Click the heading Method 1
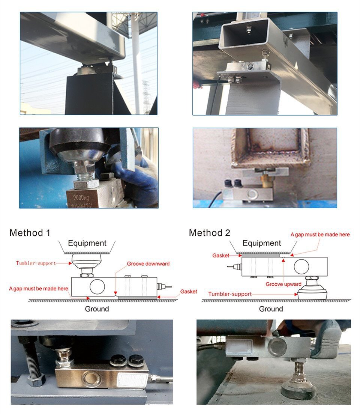coord(30,233)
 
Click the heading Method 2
coord(209,233)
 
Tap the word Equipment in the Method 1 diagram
coord(87,243)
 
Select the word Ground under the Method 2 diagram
coord(271,309)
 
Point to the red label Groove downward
coord(148,263)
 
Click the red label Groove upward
coord(283,284)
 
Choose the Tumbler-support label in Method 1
coord(36,263)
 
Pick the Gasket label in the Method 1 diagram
coord(189,292)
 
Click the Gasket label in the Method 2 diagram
coord(221,255)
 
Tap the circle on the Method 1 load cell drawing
coord(97,287)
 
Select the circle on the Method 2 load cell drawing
coord(301,266)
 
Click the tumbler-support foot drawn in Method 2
coord(312,292)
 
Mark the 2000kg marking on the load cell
coord(81,197)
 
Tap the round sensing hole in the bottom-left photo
coord(91,378)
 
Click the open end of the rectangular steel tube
coord(244,36)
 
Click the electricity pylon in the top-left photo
coord(146,96)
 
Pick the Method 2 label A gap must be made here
coord(320,235)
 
